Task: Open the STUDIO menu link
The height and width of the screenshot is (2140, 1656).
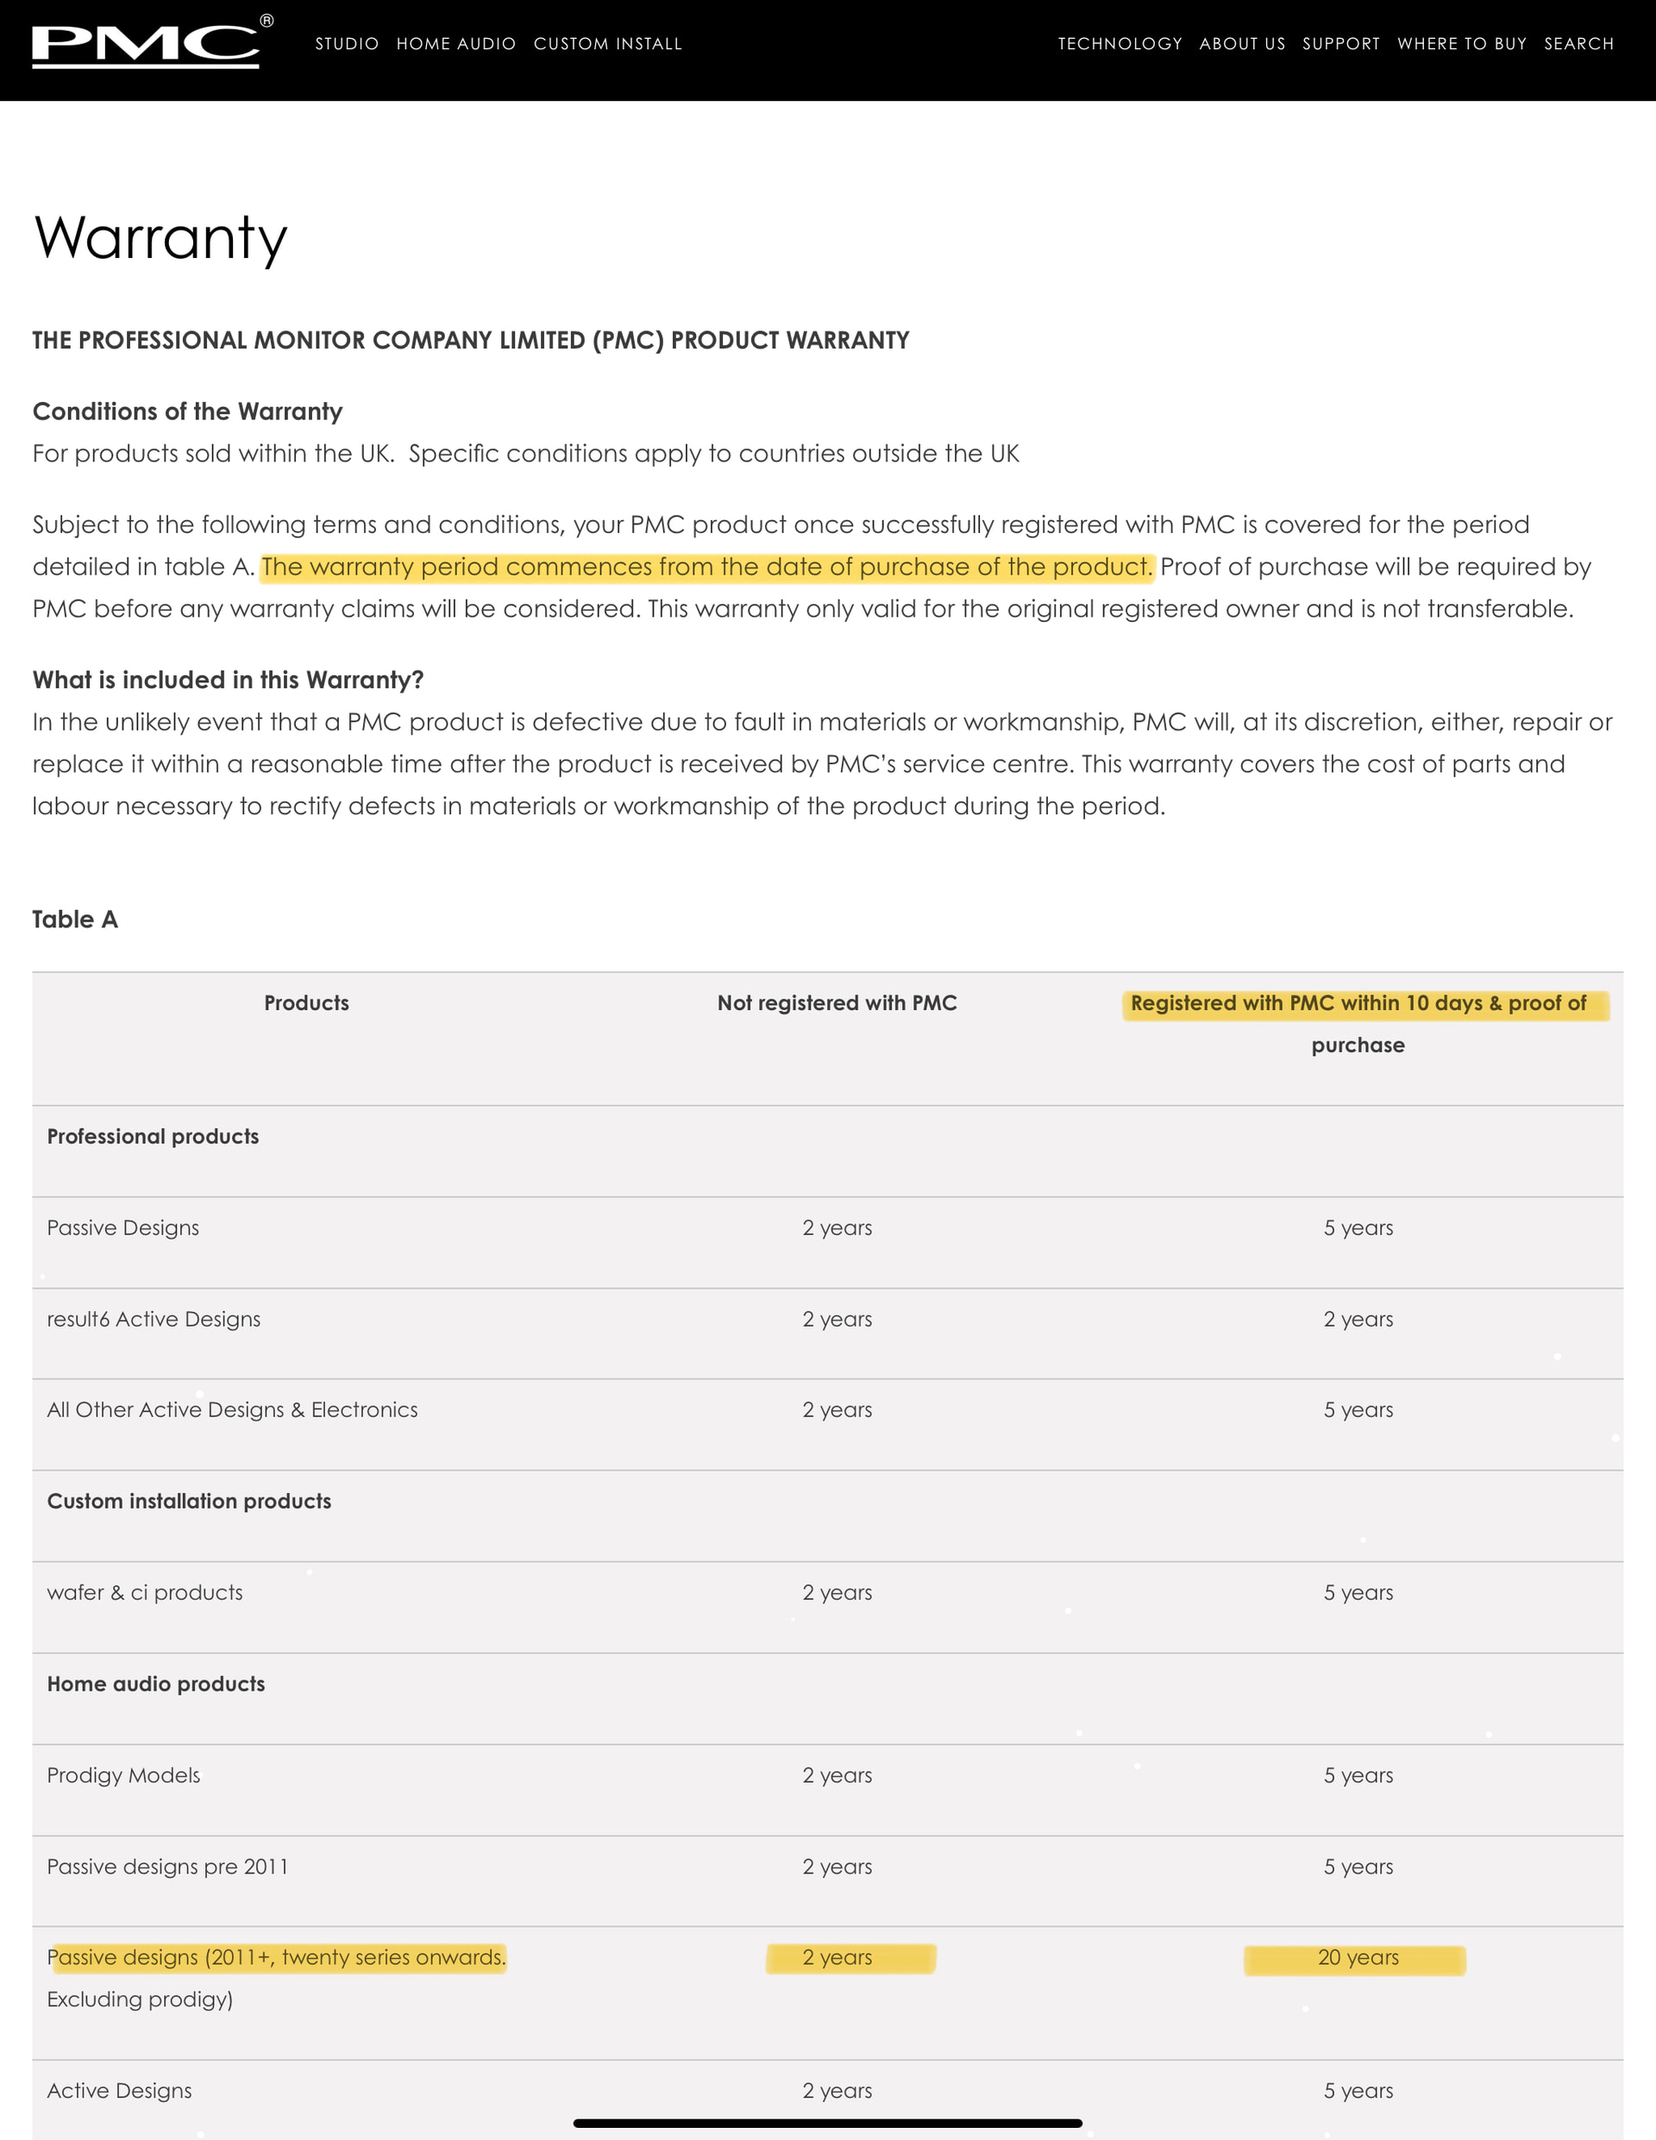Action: pos(347,44)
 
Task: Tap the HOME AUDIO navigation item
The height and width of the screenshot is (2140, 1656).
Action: pos(455,44)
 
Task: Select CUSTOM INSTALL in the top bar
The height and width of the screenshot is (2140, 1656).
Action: pos(607,44)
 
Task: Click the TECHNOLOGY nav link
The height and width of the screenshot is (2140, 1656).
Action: pos(1120,44)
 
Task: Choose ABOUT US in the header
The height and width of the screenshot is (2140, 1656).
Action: pos(1241,44)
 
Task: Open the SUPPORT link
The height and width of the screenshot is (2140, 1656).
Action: pos(1340,44)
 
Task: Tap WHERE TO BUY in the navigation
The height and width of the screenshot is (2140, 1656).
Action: pos(1462,44)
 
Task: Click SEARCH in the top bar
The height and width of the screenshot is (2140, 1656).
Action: pos(1578,44)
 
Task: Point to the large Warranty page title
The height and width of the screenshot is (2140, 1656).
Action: pos(160,238)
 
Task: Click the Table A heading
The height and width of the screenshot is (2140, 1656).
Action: pos(75,919)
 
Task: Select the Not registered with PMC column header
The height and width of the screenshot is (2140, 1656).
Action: pos(837,1002)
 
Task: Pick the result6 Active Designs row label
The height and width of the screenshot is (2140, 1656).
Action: pos(154,1319)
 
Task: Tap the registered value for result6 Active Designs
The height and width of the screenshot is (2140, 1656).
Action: pos(1358,1319)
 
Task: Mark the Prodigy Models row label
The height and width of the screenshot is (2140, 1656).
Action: pos(123,1774)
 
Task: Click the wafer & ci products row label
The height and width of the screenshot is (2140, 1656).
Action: pos(145,1592)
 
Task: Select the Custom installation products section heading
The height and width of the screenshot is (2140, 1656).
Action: pos(189,1501)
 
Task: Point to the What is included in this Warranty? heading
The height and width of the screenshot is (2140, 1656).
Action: pos(229,680)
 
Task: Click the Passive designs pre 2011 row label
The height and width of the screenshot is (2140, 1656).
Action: pos(167,1867)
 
